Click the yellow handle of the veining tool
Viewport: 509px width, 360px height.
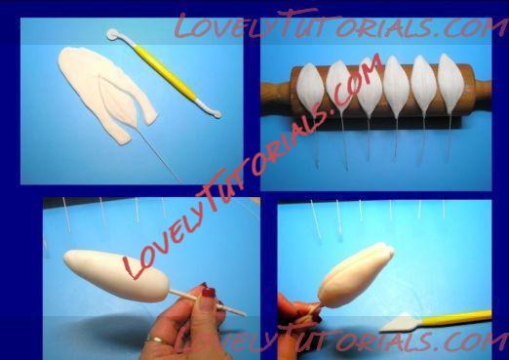click(165, 72)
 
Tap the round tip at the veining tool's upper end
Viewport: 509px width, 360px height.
click(113, 34)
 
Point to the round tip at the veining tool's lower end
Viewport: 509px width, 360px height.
click(217, 113)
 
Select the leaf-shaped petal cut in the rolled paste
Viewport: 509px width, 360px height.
click(118, 100)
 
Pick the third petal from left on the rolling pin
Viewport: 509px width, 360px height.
click(368, 87)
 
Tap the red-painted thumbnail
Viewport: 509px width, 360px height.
click(208, 293)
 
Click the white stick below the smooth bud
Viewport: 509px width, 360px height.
click(207, 303)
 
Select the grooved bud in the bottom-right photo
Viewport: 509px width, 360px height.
click(355, 275)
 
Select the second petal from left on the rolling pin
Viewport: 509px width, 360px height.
click(339, 85)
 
